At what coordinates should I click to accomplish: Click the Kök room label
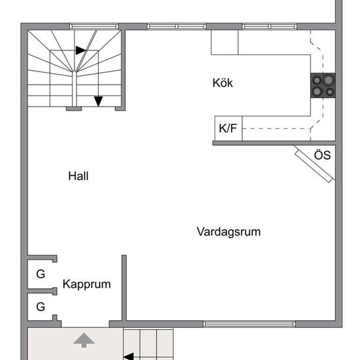(x=223, y=83)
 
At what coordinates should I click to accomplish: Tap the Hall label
(x=79, y=176)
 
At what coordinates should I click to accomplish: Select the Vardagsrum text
(x=228, y=232)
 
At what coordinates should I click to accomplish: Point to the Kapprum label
(x=87, y=285)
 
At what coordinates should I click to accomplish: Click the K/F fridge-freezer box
(x=228, y=128)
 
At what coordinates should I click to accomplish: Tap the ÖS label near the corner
(x=322, y=155)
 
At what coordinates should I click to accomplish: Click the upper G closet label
(x=41, y=274)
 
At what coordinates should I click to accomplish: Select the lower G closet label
(x=41, y=307)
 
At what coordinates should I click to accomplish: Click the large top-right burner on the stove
(x=329, y=80)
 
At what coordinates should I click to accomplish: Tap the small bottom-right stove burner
(x=330, y=92)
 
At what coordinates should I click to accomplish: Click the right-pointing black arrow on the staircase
(x=81, y=50)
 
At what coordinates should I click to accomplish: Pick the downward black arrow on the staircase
(x=98, y=101)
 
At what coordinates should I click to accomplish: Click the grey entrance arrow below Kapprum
(x=84, y=340)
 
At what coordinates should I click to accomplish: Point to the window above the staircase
(x=94, y=26)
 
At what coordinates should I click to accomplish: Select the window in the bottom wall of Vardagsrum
(x=249, y=324)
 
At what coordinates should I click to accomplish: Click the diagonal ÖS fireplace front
(x=314, y=166)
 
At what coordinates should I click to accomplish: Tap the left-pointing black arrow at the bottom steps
(x=128, y=357)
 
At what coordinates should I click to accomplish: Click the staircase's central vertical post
(x=74, y=90)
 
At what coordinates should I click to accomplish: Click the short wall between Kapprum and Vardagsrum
(x=124, y=288)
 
